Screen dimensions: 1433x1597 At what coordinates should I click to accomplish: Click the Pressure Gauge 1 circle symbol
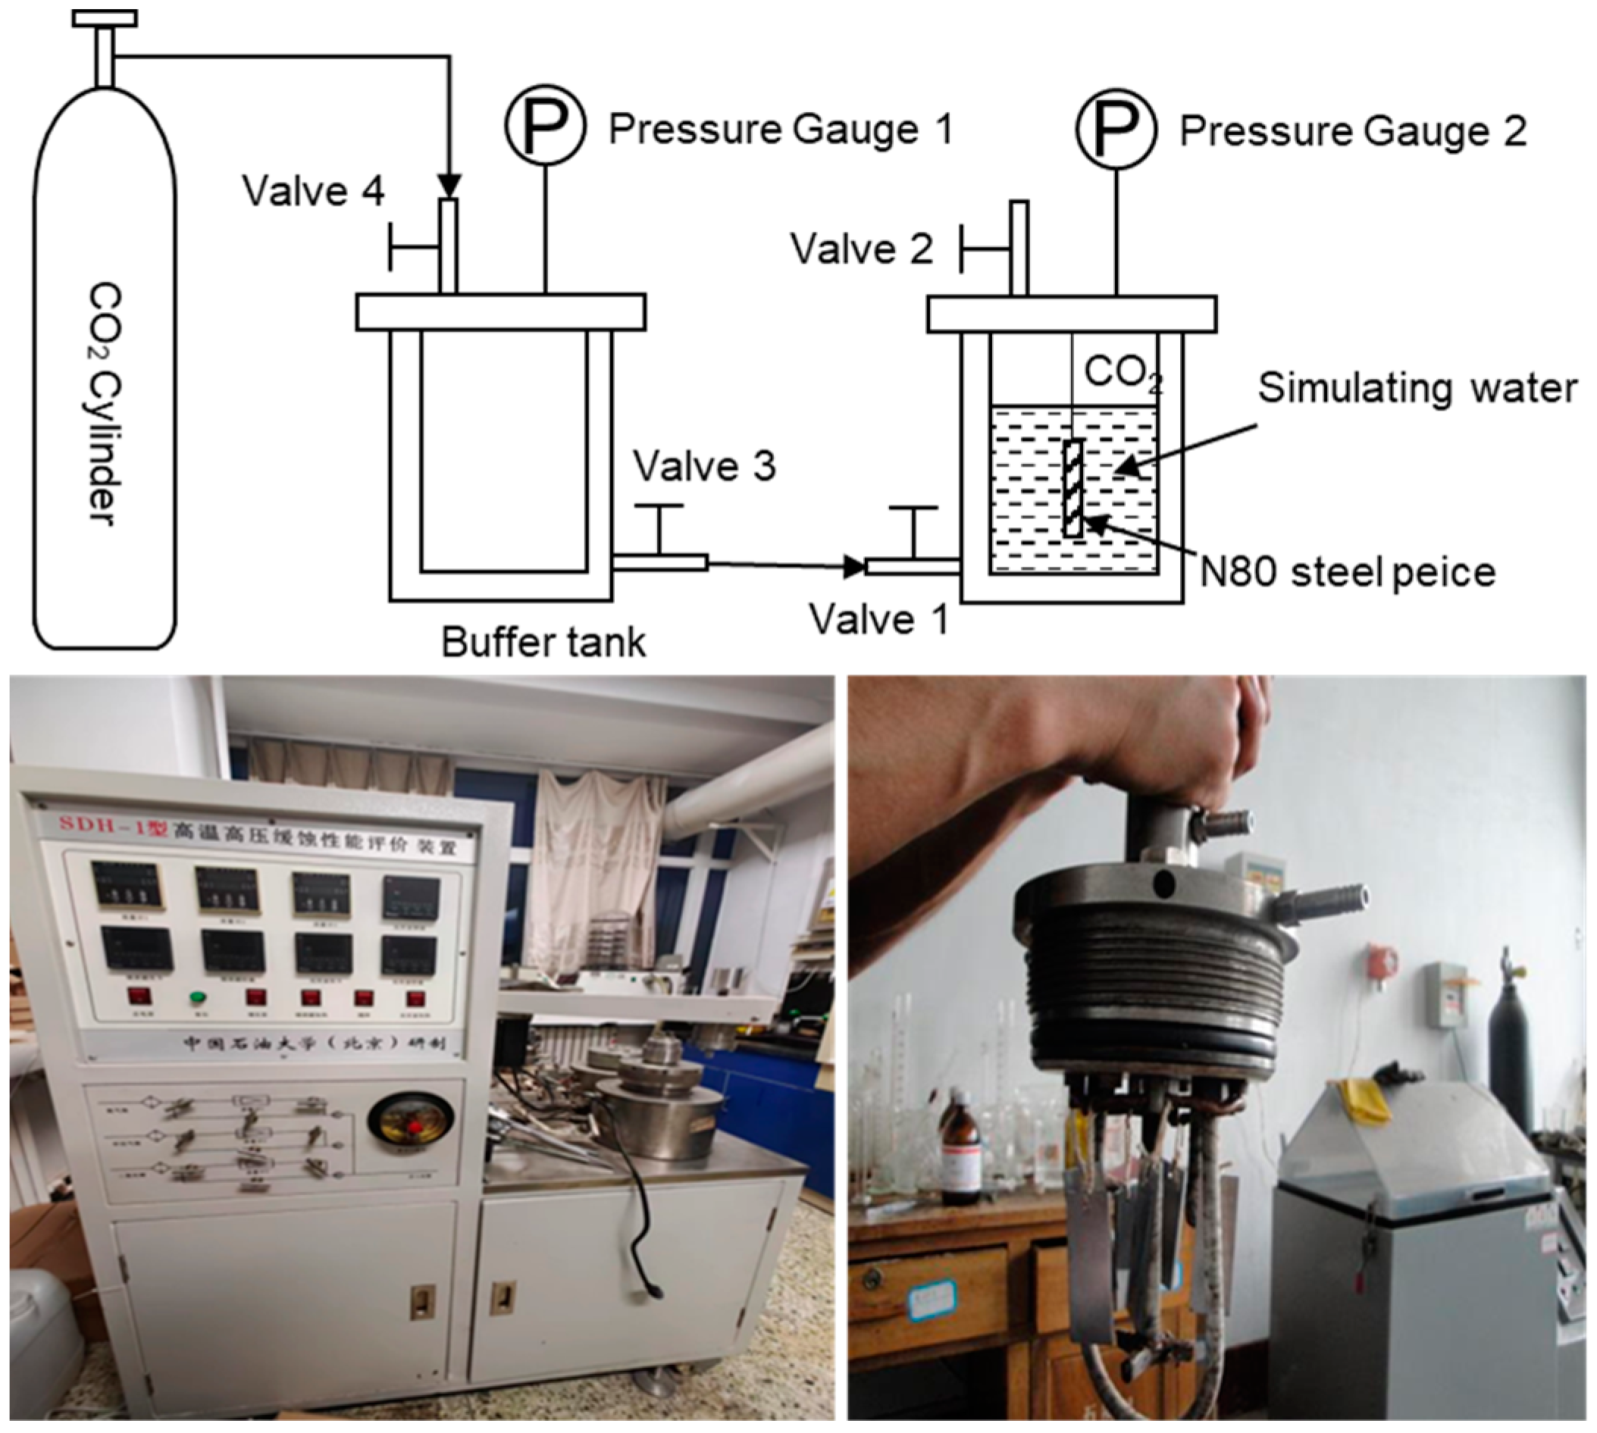(545, 126)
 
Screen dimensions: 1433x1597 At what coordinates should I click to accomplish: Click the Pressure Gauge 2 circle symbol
(1116, 127)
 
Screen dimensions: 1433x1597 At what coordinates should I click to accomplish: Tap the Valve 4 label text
(314, 190)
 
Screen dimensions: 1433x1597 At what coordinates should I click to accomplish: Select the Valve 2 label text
(862, 249)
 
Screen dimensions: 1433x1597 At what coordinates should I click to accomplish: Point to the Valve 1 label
(878, 620)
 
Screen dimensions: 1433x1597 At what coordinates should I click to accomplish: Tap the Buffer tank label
(543, 642)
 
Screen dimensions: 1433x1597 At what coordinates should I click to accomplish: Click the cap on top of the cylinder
(104, 17)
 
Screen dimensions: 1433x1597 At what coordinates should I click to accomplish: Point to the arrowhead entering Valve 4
(449, 186)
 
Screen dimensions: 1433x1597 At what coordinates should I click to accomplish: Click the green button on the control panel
(198, 997)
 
